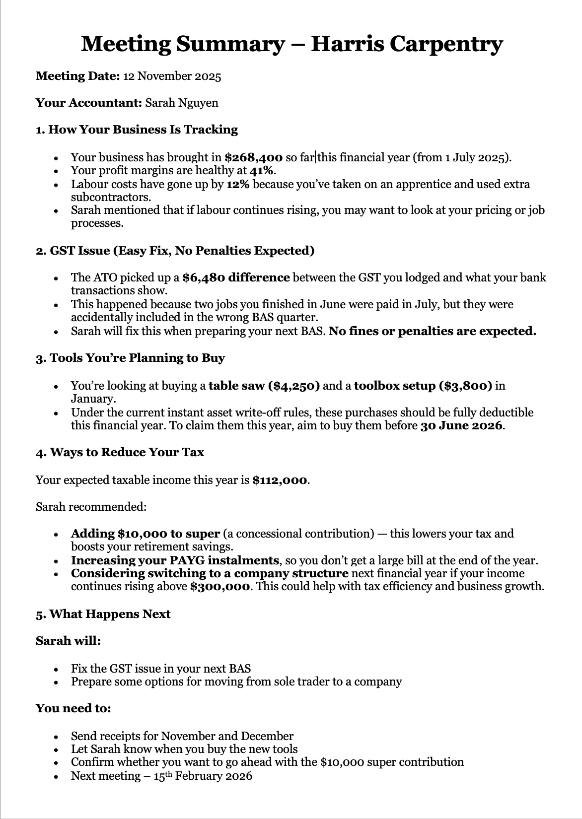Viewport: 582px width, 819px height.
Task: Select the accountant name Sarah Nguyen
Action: pos(181,103)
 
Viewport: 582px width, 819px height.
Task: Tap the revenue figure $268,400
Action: pos(253,158)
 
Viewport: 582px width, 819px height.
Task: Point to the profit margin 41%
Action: pos(262,171)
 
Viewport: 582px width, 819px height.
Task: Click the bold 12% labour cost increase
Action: pos(238,185)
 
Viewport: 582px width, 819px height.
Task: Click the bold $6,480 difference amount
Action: pos(236,278)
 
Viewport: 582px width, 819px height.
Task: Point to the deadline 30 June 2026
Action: pos(461,426)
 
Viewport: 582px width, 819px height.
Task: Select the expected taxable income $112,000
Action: pos(280,480)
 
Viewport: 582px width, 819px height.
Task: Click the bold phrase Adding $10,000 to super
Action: pos(145,534)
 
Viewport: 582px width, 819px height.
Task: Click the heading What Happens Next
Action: pos(103,614)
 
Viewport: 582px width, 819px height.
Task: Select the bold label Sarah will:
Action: pos(69,641)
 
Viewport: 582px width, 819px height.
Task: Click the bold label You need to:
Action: pos(73,709)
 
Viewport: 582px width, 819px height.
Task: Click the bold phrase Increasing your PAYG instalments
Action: pos(175,561)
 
